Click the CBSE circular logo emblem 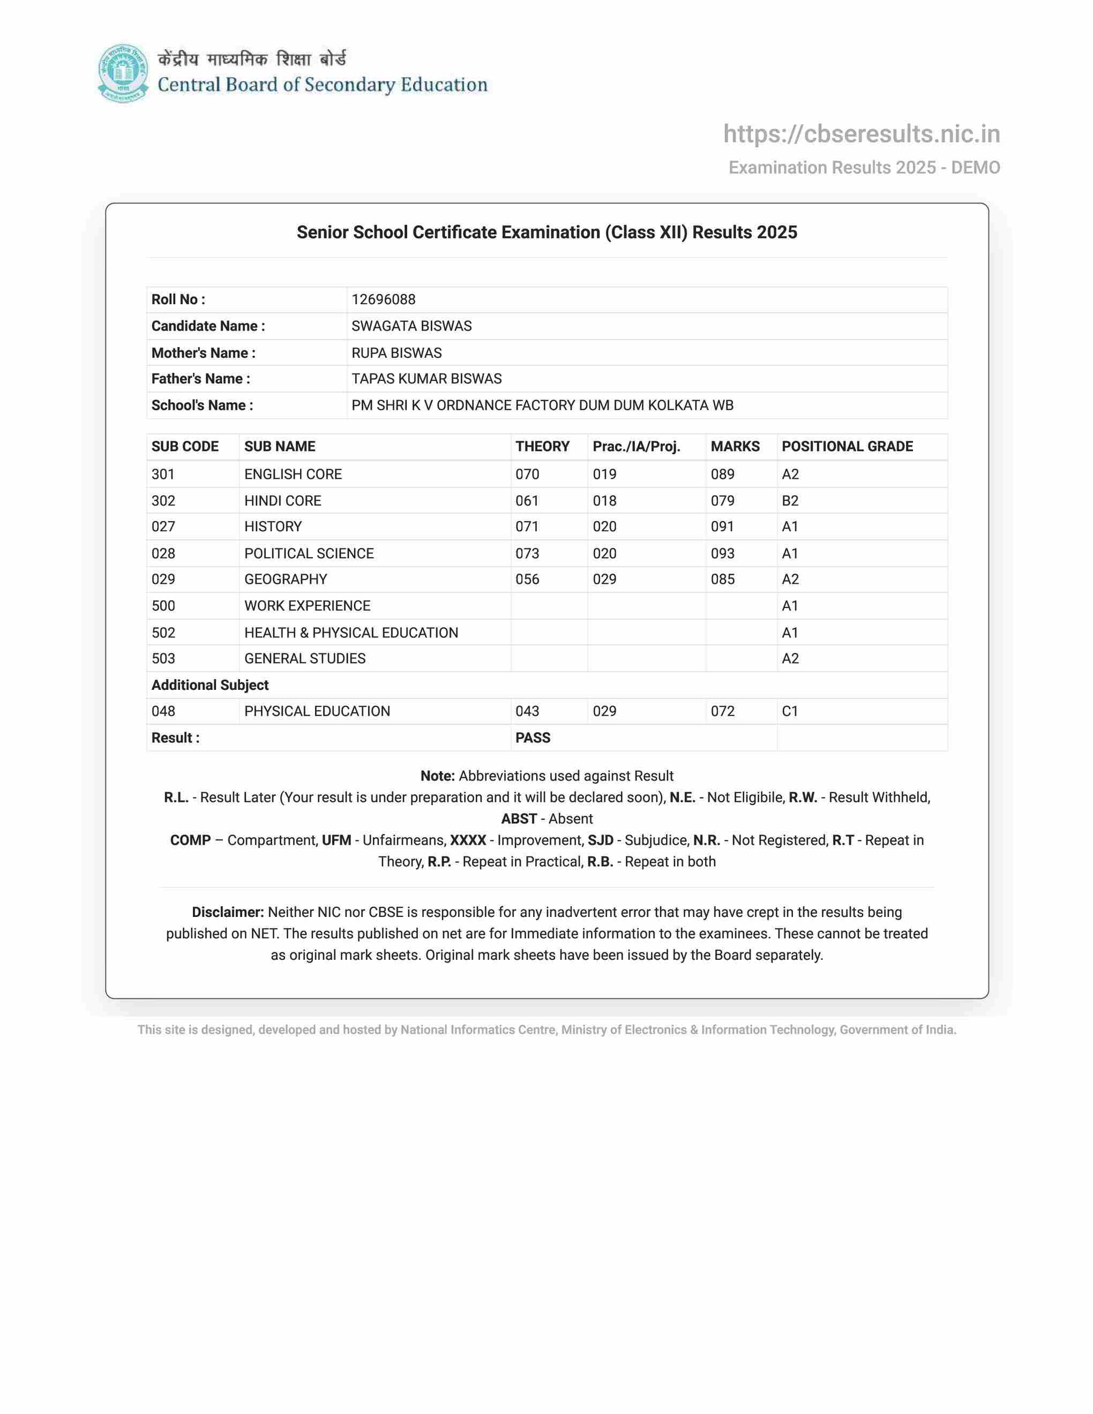point(123,73)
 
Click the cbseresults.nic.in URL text point(861,134)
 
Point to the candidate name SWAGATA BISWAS point(411,326)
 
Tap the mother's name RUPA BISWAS point(396,353)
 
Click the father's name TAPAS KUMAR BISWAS point(426,379)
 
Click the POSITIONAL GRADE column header point(847,447)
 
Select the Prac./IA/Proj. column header point(636,447)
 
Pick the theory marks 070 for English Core point(527,475)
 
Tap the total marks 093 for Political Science point(722,554)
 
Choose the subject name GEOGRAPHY point(286,580)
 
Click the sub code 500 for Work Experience point(163,606)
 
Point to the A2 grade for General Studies point(790,658)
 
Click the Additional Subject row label point(210,685)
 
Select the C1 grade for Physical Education point(789,711)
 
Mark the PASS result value point(532,738)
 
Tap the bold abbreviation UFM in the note point(336,840)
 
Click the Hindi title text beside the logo point(252,59)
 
